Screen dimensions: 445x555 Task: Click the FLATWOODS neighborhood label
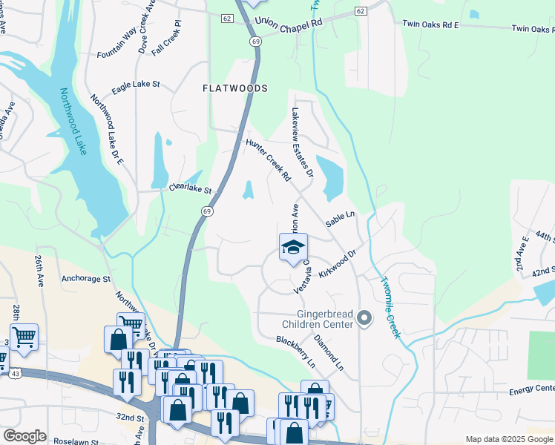pyautogui.click(x=234, y=88)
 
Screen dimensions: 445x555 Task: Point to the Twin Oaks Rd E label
pyautogui.click(x=430, y=24)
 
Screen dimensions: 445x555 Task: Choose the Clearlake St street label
pyautogui.click(x=191, y=189)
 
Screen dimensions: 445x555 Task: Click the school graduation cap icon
pyautogui.click(x=293, y=247)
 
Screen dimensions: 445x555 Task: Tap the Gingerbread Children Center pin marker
pyautogui.click(x=364, y=318)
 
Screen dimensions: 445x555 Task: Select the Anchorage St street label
pyautogui.click(x=86, y=280)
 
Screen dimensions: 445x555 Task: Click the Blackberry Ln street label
pyautogui.click(x=296, y=351)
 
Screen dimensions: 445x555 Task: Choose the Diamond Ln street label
pyautogui.click(x=329, y=354)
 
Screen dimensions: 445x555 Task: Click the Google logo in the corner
pyautogui.click(x=24, y=436)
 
